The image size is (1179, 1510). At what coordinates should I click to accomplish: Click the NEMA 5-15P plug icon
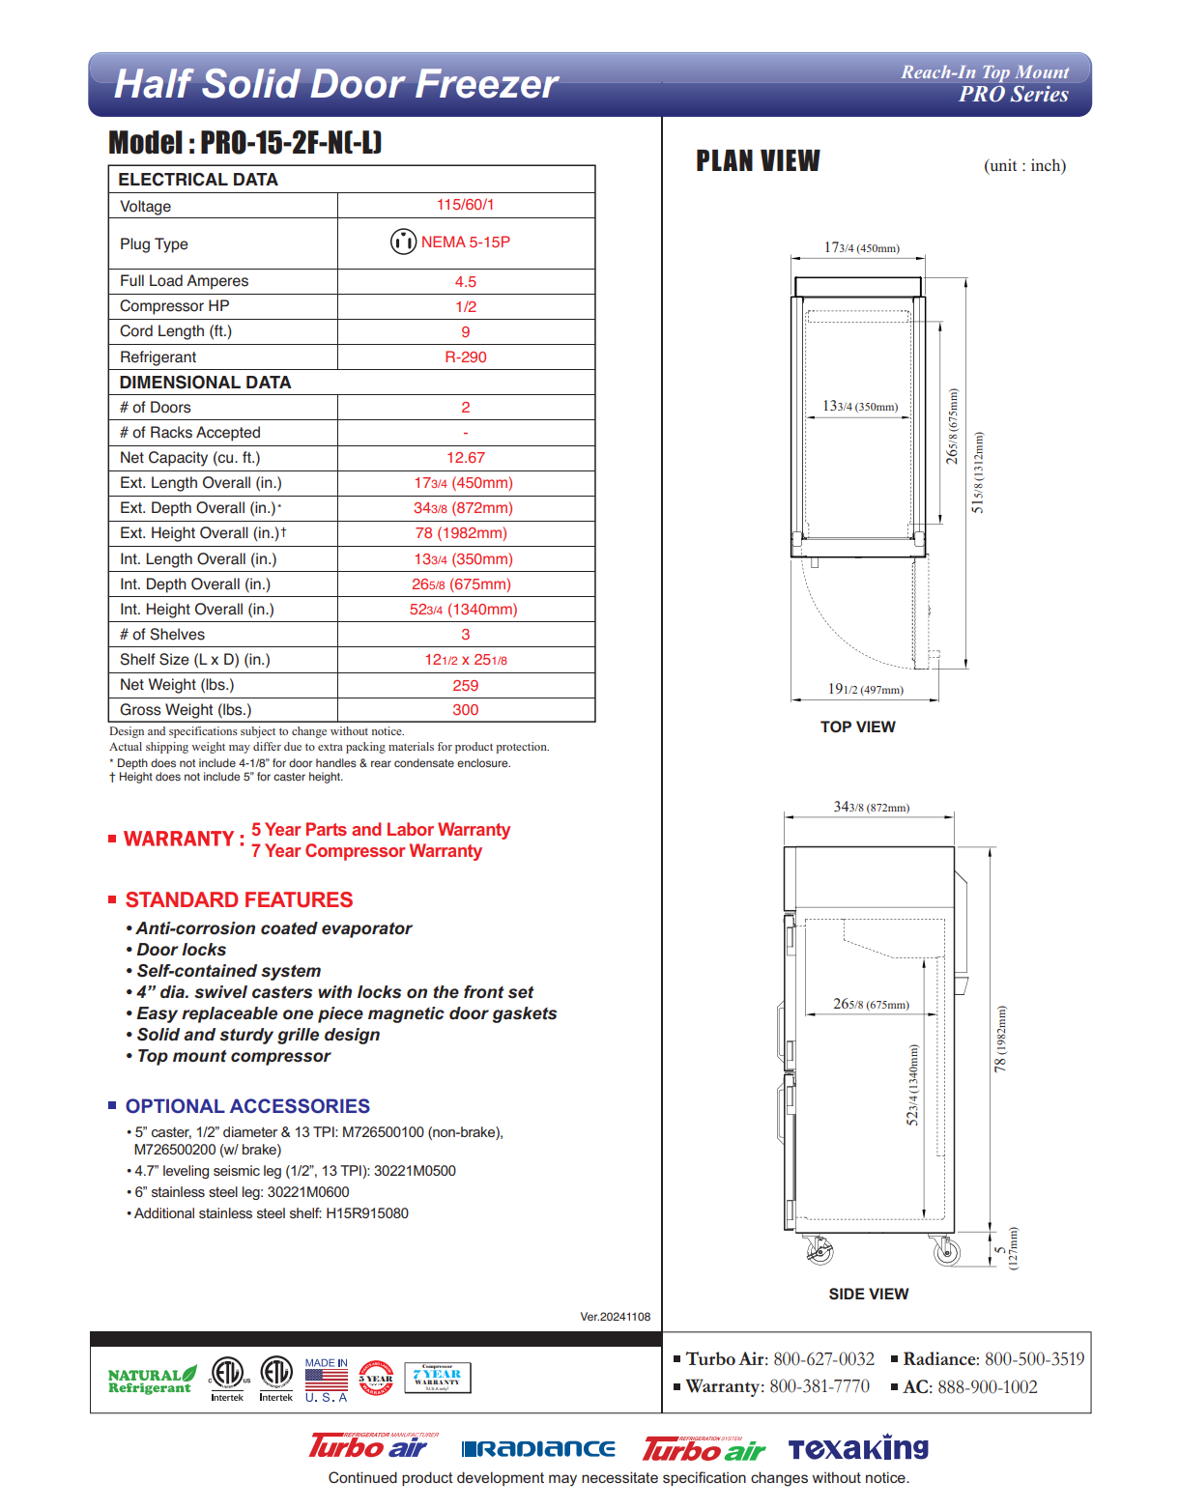[403, 242]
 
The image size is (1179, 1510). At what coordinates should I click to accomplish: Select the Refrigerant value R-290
[465, 357]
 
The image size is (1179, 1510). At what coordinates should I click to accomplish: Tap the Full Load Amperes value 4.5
[465, 282]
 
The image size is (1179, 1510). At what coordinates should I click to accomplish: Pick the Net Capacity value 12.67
[465, 458]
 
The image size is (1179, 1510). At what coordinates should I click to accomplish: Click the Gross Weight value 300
[465, 710]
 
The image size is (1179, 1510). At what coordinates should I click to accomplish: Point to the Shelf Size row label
[194, 660]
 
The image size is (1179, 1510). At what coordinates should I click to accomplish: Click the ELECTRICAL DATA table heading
[198, 180]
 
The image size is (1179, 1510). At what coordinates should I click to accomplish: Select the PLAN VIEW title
[758, 161]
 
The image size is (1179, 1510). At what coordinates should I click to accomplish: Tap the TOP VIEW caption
[857, 727]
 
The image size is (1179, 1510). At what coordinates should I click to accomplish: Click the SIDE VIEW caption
[868, 1295]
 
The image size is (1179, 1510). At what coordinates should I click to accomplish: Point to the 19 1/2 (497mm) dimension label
[865, 690]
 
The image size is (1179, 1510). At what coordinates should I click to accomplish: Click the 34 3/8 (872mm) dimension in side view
[871, 808]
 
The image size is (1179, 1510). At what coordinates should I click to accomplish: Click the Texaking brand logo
[857, 1448]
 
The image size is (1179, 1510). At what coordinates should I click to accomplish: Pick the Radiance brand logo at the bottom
[538, 1448]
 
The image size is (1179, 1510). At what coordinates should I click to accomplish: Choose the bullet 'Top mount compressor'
[233, 1057]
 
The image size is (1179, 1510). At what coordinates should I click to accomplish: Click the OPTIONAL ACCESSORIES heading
[247, 1107]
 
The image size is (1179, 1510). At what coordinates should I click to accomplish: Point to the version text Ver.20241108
[615, 1317]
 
